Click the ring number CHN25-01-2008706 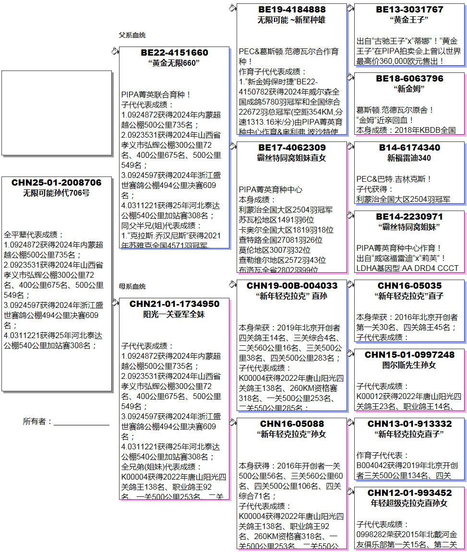pyautogui.click(x=57, y=183)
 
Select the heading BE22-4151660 pyautogui.click(x=174, y=53)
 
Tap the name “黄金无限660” pyautogui.click(x=174, y=63)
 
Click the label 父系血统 pyautogui.click(x=132, y=35)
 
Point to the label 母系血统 pyautogui.click(x=132, y=286)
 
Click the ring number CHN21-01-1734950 pyautogui.click(x=174, y=304)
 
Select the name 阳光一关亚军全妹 pyautogui.click(x=174, y=315)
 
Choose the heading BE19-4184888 pyautogui.click(x=291, y=10)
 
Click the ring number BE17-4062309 pyautogui.click(x=291, y=148)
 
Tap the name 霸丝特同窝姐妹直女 pyautogui.click(x=291, y=158)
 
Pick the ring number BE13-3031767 pyautogui.click(x=409, y=10)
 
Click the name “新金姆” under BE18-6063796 pyautogui.click(x=409, y=89)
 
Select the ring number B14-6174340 pyautogui.click(x=409, y=148)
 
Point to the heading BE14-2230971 pyautogui.click(x=409, y=217)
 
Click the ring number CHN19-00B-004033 pyautogui.click(x=291, y=286)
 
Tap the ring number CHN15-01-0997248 pyautogui.click(x=409, y=355)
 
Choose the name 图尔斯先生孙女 pyautogui.click(x=409, y=365)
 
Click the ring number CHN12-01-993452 pyautogui.click(x=409, y=493)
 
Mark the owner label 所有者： pyautogui.click(x=37, y=421)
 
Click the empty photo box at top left pyautogui.click(x=57, y=113)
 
